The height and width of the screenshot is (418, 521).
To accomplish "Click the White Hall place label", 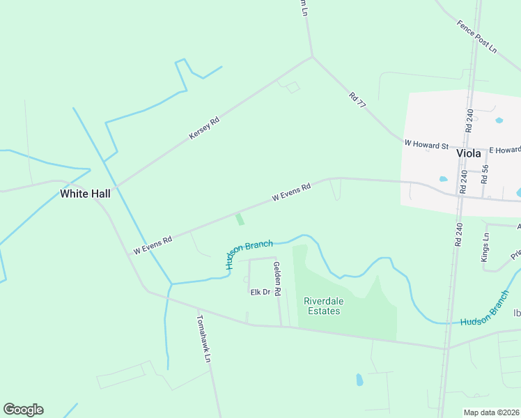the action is [85, 194].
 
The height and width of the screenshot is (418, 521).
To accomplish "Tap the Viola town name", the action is [469, 154].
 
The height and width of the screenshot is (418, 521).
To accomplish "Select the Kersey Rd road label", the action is [204, 129].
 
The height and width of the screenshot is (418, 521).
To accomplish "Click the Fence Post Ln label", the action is [477, 37].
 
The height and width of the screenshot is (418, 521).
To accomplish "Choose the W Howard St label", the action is [426, 145].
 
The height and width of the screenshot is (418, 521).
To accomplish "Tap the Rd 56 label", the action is [485, 173].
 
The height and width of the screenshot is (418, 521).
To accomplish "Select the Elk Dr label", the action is [260, 293].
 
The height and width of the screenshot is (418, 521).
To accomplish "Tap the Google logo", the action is [23, 410].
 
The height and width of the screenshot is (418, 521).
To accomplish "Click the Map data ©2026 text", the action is [491, 412].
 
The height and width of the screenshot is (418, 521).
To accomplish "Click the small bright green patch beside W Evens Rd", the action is [240, 219].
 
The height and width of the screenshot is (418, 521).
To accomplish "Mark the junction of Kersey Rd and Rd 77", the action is [312, 56].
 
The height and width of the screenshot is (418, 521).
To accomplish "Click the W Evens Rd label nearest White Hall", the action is [153, 245].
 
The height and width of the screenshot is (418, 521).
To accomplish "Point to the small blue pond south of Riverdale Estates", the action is [359, 380].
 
